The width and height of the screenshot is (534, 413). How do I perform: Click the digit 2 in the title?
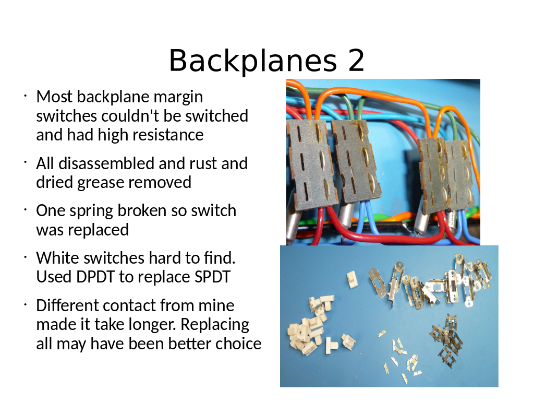click(x=356, y=61)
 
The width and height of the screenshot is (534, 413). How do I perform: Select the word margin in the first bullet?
click(x=178, y=98)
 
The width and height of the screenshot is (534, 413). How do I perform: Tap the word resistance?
click(x=167, y=135)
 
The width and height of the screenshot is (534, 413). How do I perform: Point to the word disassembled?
click(x=106, y=163)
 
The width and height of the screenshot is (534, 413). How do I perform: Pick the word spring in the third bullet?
click(x=91, y=211)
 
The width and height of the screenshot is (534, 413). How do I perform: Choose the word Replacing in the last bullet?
click(x=215, y=325)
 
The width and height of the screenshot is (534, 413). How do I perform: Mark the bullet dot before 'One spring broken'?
click(x=25, y=210)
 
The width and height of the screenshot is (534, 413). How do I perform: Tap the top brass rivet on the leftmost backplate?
click(x=319, y=131)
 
